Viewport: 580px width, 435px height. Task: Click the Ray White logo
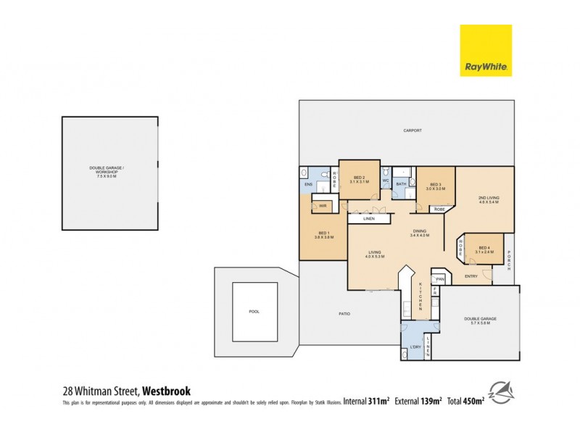click(x=486, y=50)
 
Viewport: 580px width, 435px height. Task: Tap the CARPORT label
click(x=413, y=131)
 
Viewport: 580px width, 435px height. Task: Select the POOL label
click(x=254, y=312)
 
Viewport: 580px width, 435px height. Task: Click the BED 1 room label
click(x=323, y=235)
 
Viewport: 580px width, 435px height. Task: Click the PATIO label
click(x=344, y=314)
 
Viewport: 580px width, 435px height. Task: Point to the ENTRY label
click(x=471, y=275)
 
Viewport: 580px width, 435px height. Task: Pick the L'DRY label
click(x=416, y=347)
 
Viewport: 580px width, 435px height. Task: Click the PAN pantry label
click(x=439, y=278)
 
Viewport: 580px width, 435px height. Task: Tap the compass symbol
click(x=501, y=392)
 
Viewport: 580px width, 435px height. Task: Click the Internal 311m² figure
click(x=366, y=399)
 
